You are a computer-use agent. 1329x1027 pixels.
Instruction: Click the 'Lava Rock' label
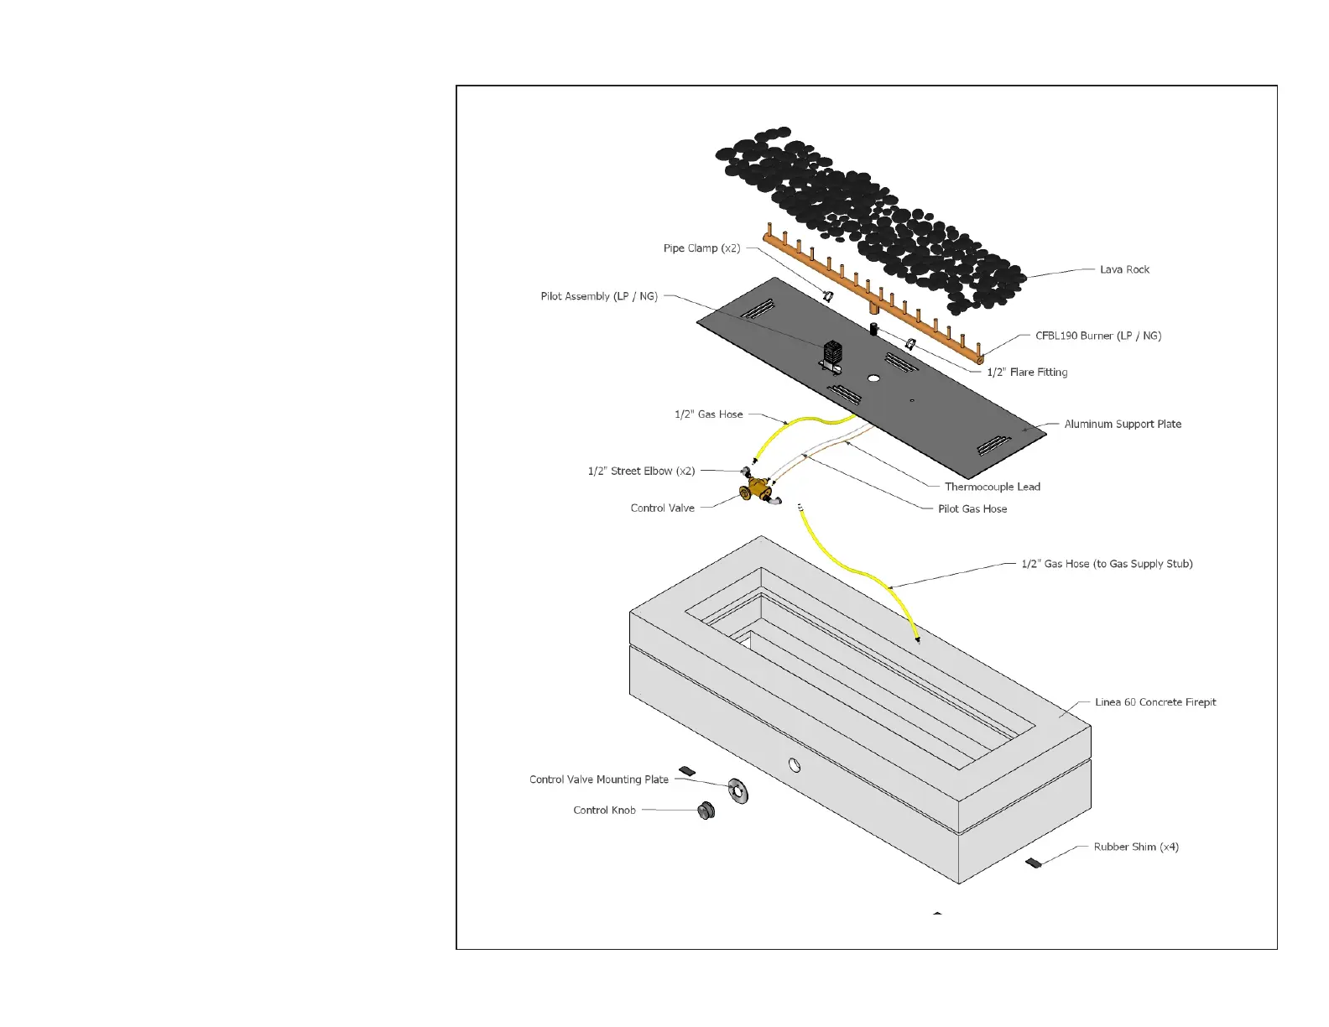tap(1124, 269)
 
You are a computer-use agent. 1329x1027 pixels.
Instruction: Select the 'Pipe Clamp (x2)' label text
tap(701, 248)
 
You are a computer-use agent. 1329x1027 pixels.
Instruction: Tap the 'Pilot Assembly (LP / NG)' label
tap(599, 296)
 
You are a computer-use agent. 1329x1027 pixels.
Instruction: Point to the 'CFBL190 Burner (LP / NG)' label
tap(1098, 336)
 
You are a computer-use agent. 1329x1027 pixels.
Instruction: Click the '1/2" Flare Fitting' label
tap(1027, 373)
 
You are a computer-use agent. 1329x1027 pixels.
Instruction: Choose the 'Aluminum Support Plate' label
tap(1123, 425)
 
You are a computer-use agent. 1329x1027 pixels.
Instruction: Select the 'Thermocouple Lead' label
tap(992, 487)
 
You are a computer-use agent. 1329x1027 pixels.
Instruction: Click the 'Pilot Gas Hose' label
tap(972, 509)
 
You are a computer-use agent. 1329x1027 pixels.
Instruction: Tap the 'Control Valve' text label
tap(662, 508)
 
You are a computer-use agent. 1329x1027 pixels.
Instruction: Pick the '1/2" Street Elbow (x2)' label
tap(641, 472)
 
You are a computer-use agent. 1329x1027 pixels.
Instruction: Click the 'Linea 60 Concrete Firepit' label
tap(1155, 702)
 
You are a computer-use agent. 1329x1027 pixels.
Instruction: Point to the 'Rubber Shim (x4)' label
tap(1136, 847)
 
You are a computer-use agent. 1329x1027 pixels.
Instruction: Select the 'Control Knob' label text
tap(604, 811)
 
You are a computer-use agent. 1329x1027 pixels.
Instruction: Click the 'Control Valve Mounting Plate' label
tap(599, 779)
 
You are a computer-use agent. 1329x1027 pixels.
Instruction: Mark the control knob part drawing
tap(706, 811)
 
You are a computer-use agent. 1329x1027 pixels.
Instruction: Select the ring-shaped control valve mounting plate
tap(738, 790)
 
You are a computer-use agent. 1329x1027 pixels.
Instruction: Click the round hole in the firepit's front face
tap(794, 765)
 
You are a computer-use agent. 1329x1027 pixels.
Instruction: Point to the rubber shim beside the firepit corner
tap(1034, 863)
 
